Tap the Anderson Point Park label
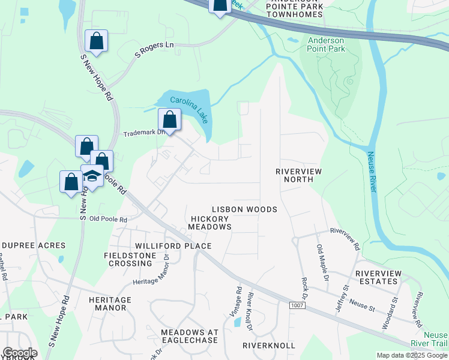(327, 45)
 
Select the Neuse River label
(373, 171)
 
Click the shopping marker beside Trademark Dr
(170, 119)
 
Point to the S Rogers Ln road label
(154, 50)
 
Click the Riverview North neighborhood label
(299, 175)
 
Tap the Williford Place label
(173, 246)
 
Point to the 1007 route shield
(297, 306)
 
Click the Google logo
(20, 353)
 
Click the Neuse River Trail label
(435, 339)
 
